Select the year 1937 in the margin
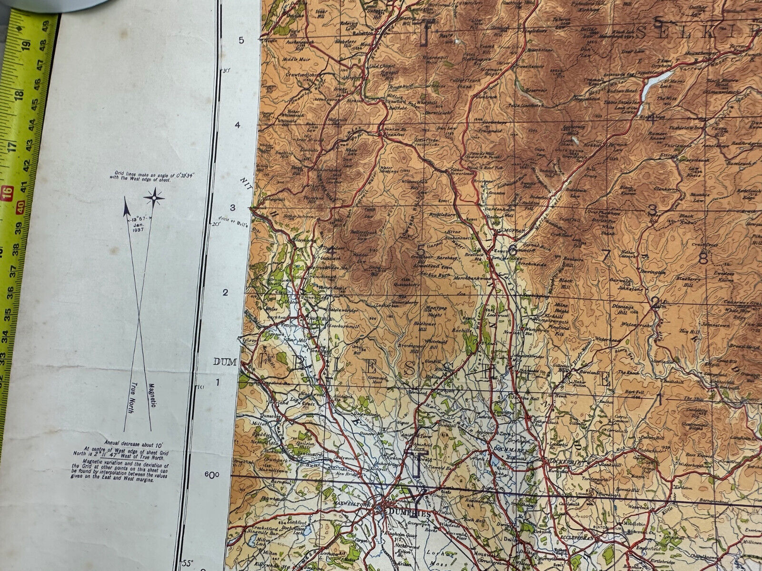pyautogui.click(x=140, y=231)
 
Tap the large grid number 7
pyautogui.click(x=605, y=255)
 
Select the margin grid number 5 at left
pyautogui.click(x=241, y=40)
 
